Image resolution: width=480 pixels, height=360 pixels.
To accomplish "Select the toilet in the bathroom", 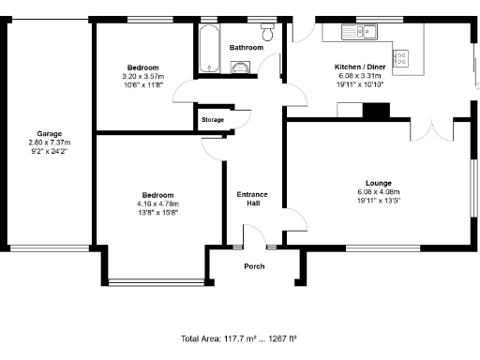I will [268, 35].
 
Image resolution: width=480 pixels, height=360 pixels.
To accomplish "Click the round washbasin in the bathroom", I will [239, 67].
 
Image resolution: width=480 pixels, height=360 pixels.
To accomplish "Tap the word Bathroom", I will [247, 47].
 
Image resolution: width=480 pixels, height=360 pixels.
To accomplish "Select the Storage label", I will [213, 120].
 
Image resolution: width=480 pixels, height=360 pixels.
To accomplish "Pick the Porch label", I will [254, 266].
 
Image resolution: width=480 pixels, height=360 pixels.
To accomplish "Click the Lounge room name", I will [379, 182].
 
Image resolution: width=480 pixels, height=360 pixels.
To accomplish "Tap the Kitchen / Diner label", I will [359, 67].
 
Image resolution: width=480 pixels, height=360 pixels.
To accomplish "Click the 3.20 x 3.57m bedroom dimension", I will [143, 76].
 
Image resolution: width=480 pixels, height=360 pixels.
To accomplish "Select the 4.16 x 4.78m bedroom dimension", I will [157, 203].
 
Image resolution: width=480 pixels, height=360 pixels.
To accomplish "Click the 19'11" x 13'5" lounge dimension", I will [379, 200].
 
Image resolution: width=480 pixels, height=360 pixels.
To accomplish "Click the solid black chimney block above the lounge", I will [375, 111].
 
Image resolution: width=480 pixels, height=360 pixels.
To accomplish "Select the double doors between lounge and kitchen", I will [434, 129].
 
